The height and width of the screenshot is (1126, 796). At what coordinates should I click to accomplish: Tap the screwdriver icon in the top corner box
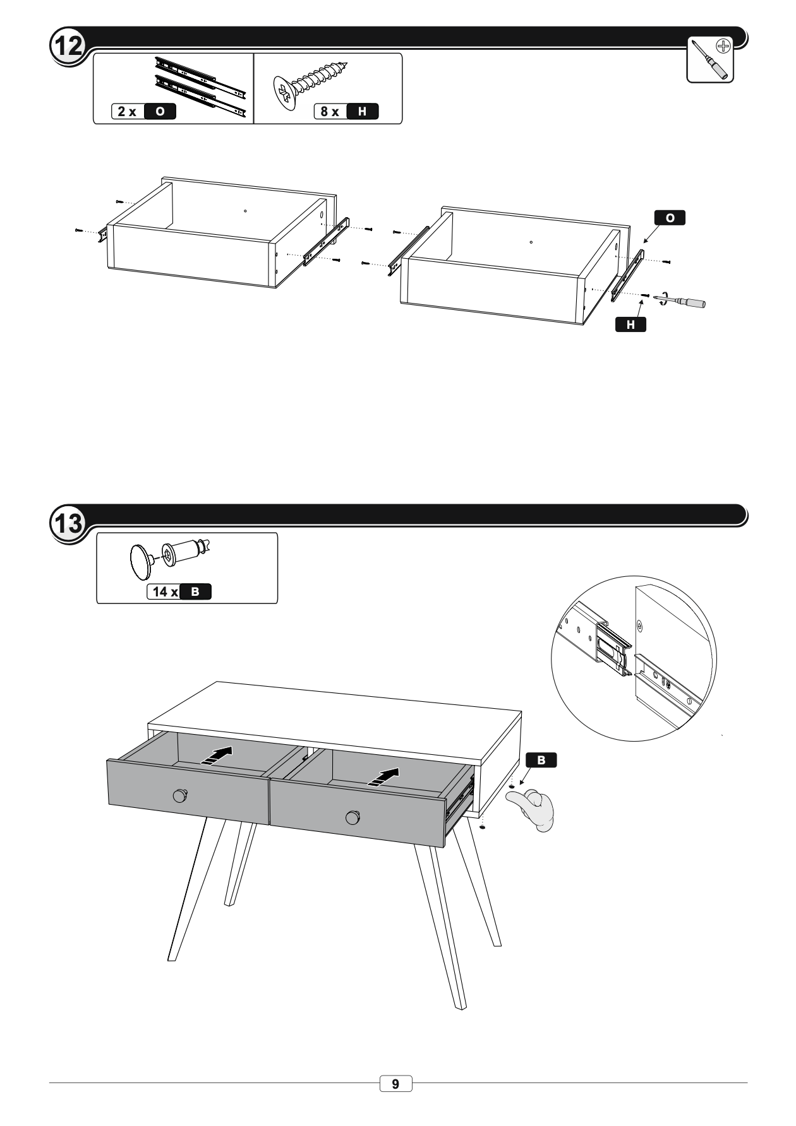point(711,59)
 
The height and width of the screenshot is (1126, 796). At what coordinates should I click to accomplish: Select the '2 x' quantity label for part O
point(127,112)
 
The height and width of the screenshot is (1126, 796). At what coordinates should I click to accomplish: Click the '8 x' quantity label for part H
point(329,112)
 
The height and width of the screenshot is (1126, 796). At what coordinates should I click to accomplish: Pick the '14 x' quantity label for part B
point(165,592)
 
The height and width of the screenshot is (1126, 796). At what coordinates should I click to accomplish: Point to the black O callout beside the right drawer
point(670,218)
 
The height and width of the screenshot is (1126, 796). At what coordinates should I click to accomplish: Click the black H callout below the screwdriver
point(630,324)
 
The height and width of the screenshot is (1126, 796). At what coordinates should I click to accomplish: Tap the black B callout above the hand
point(541,760)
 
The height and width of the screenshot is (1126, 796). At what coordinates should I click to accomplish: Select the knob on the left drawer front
point(181,795)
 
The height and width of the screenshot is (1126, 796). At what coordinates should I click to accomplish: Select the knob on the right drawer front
point(353,817)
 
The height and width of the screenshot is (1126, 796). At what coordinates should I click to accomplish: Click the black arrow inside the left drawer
point(217,754)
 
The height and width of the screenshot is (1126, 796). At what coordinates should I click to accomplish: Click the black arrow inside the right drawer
point(384,777)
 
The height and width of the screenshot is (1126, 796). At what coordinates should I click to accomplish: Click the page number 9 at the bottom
point(395,1084)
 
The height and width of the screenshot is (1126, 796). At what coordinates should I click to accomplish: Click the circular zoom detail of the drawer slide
point(634,658)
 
